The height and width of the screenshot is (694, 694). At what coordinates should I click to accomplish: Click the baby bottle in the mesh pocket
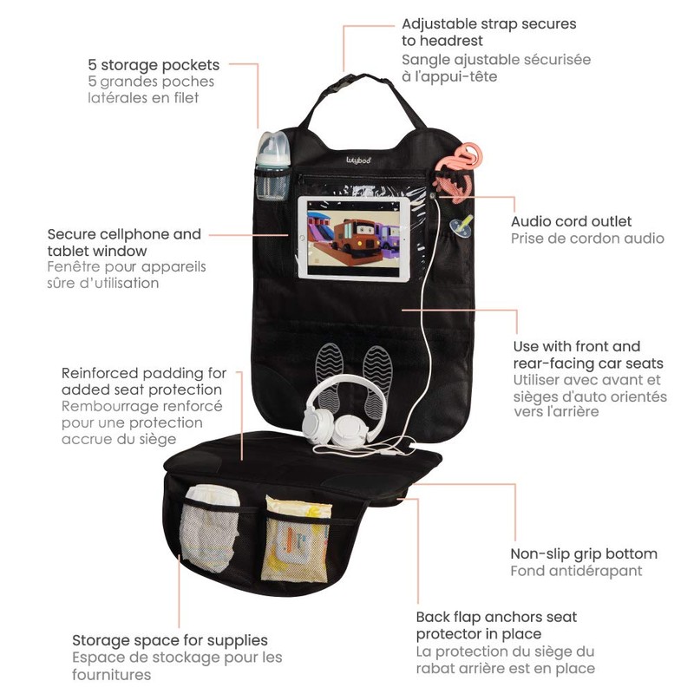coord(272,160)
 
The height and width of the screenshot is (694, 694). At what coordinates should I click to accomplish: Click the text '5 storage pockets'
coord(153,65)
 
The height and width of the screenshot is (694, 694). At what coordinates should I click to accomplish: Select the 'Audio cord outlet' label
coord(571,222)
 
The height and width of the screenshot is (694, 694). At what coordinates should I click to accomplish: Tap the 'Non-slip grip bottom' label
coord(583,553)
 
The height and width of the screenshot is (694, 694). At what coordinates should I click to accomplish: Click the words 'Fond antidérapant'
coord(576,571)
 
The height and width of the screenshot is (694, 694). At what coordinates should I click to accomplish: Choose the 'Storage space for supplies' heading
coord(169,641)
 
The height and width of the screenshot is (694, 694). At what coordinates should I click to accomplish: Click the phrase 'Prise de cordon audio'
coord(587,239)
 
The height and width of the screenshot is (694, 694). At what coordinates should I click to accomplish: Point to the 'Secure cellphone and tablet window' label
coord(123,242)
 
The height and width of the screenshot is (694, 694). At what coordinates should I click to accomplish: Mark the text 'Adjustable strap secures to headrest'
coord(488,32)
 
